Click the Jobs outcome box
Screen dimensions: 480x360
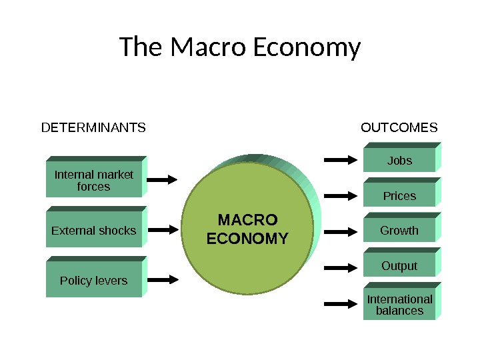pyautogui.click(x=399, y=161)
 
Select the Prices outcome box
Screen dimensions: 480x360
pyautogui.click(x=399, y=196)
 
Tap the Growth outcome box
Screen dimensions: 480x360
pyautogui.click(x=399, y=231)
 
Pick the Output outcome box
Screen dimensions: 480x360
pyautogui.click(x=399, y=266)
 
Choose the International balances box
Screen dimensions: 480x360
pyautogui.click(x=399, y=305)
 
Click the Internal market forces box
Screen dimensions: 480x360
pyautogui.click(x=94, y=180)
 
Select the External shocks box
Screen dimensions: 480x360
pyautogui.click(x=94, y=231)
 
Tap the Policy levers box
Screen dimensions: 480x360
pyautogui.click(x=94, y=281)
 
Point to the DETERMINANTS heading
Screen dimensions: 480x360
pyautogui.click(x=93, y=127)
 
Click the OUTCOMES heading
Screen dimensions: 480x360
pyautogui.click(x=399, y=127)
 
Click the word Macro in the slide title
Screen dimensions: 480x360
pyautogui.click(x=201, y=48)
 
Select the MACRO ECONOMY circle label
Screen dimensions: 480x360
pyautogui.click(x=247, y=229)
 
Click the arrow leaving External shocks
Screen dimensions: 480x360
pyautogui.click(x=162, y=230)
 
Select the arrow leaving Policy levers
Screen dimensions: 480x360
pyautogui.click(x=162, y=279)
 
